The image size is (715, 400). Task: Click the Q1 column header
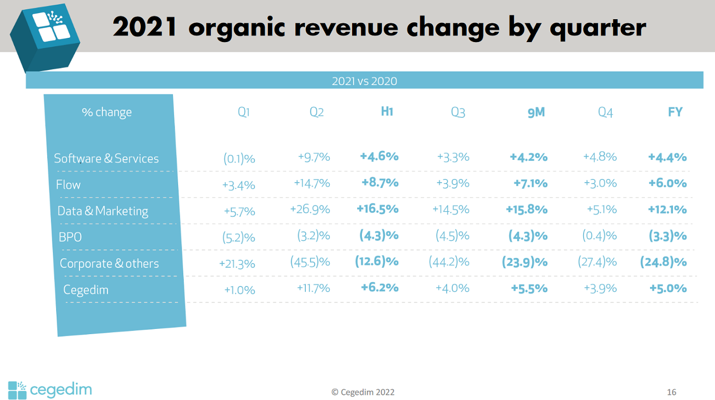pyautogui.click(x=244, y=112)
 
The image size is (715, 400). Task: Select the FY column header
pyautogui.click(x=675, y=112)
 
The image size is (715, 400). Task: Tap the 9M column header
pyautogui.click(x=536, y=112)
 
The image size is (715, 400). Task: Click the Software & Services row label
pyautogui.click(x=106, y=158)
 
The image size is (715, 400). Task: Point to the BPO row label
pyautogui.click(x=70, y=237)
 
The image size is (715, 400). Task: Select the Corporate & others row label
pyautogui.click(x=109, y=264)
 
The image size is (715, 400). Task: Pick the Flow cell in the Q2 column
pyautogui.click(x=312, y=183)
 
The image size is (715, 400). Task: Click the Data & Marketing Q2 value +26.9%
pyautogui.click(x=310, y=210)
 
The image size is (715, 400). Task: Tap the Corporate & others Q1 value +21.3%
pyautogui.click(x=237, y=264)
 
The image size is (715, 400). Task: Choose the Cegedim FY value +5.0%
pyautogui.click(x=668, y=288)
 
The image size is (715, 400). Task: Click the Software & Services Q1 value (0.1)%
pyautogui.click(x=239, y=159)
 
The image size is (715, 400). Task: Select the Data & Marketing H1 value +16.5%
pyautogui.click(x=377, y=209)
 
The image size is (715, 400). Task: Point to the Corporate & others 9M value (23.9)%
pyautogui.click(x=524, y=262)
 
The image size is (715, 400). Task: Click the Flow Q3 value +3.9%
pyautogui.click(x=453, y=183)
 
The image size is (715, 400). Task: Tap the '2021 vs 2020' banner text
pyautogui.click(x=364, y=81)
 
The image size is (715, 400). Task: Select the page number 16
pyautogui.click(x=671, y=392)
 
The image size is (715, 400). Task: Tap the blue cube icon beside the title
pyautogui.click(x=46, y=36)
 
